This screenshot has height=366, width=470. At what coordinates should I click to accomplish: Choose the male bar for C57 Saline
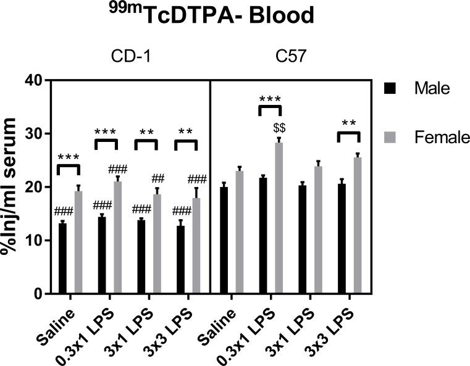(224, 240)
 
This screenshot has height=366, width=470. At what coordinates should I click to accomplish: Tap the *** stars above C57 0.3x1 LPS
(270, 98)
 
